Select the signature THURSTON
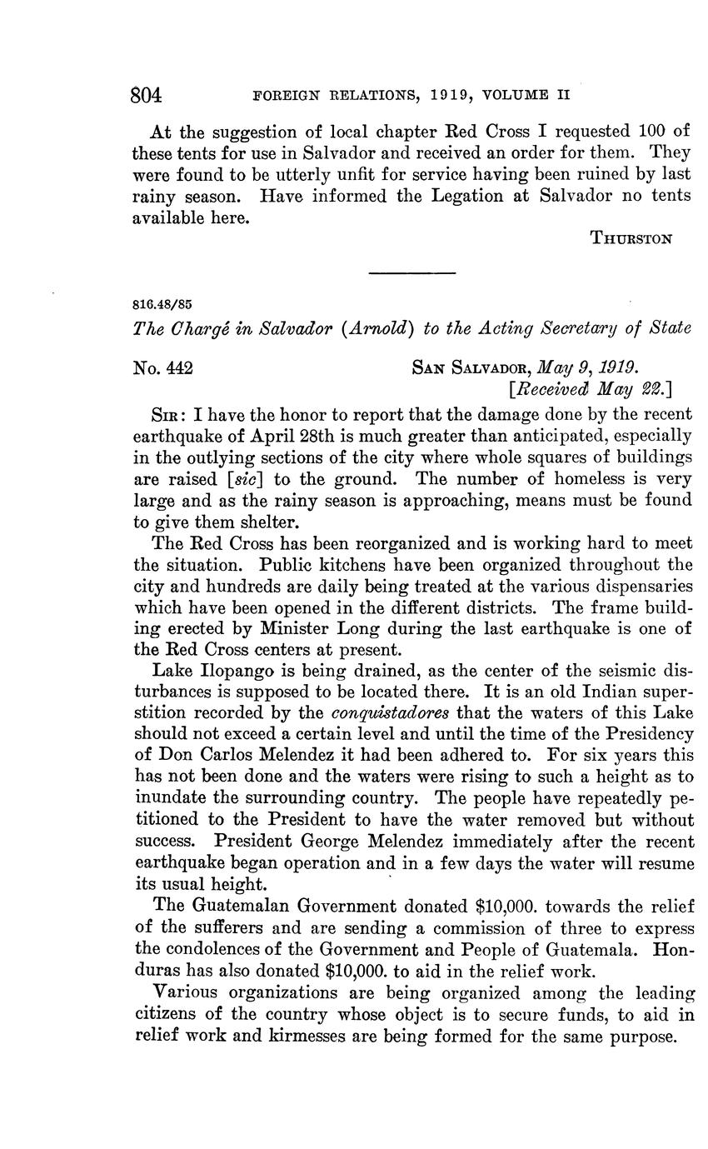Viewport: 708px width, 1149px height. tap(631, 238)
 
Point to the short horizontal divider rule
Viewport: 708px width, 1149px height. tap(412, 273)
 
